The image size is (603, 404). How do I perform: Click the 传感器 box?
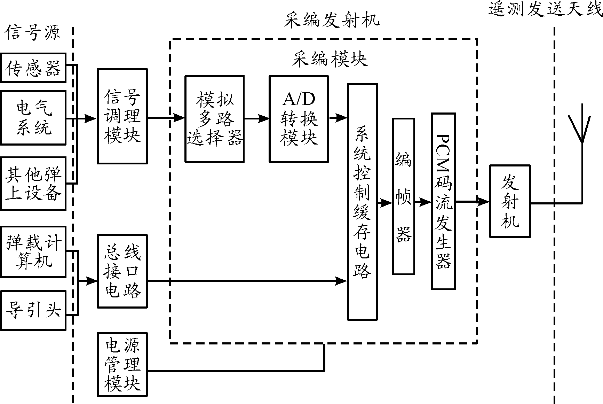(33, 68)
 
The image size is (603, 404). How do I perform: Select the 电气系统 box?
(33, 117)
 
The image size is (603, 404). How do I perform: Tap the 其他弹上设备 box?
(33, 184)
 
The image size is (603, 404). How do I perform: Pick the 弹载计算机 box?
(33, 251)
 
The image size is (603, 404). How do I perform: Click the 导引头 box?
(33, 310)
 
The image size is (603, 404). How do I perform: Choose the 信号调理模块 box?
(122, 116)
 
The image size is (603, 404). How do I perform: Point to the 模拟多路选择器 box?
(214, 119)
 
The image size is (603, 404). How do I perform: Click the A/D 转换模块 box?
(299, 119)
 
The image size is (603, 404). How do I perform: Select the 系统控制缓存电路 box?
(362, 201)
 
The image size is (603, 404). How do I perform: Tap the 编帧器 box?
(404, 196)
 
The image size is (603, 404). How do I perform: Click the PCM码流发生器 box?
(443, 201)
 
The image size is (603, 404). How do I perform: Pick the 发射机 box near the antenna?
(510, 201)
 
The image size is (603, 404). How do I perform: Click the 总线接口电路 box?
(122, 271)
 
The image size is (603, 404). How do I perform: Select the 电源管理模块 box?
(122, 365)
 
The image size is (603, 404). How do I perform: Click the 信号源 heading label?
(32, 33)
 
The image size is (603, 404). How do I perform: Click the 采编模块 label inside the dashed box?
(329, 59)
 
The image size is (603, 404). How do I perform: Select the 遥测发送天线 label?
(545, 9)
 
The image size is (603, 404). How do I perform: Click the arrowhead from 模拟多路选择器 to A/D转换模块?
(265, 119)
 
